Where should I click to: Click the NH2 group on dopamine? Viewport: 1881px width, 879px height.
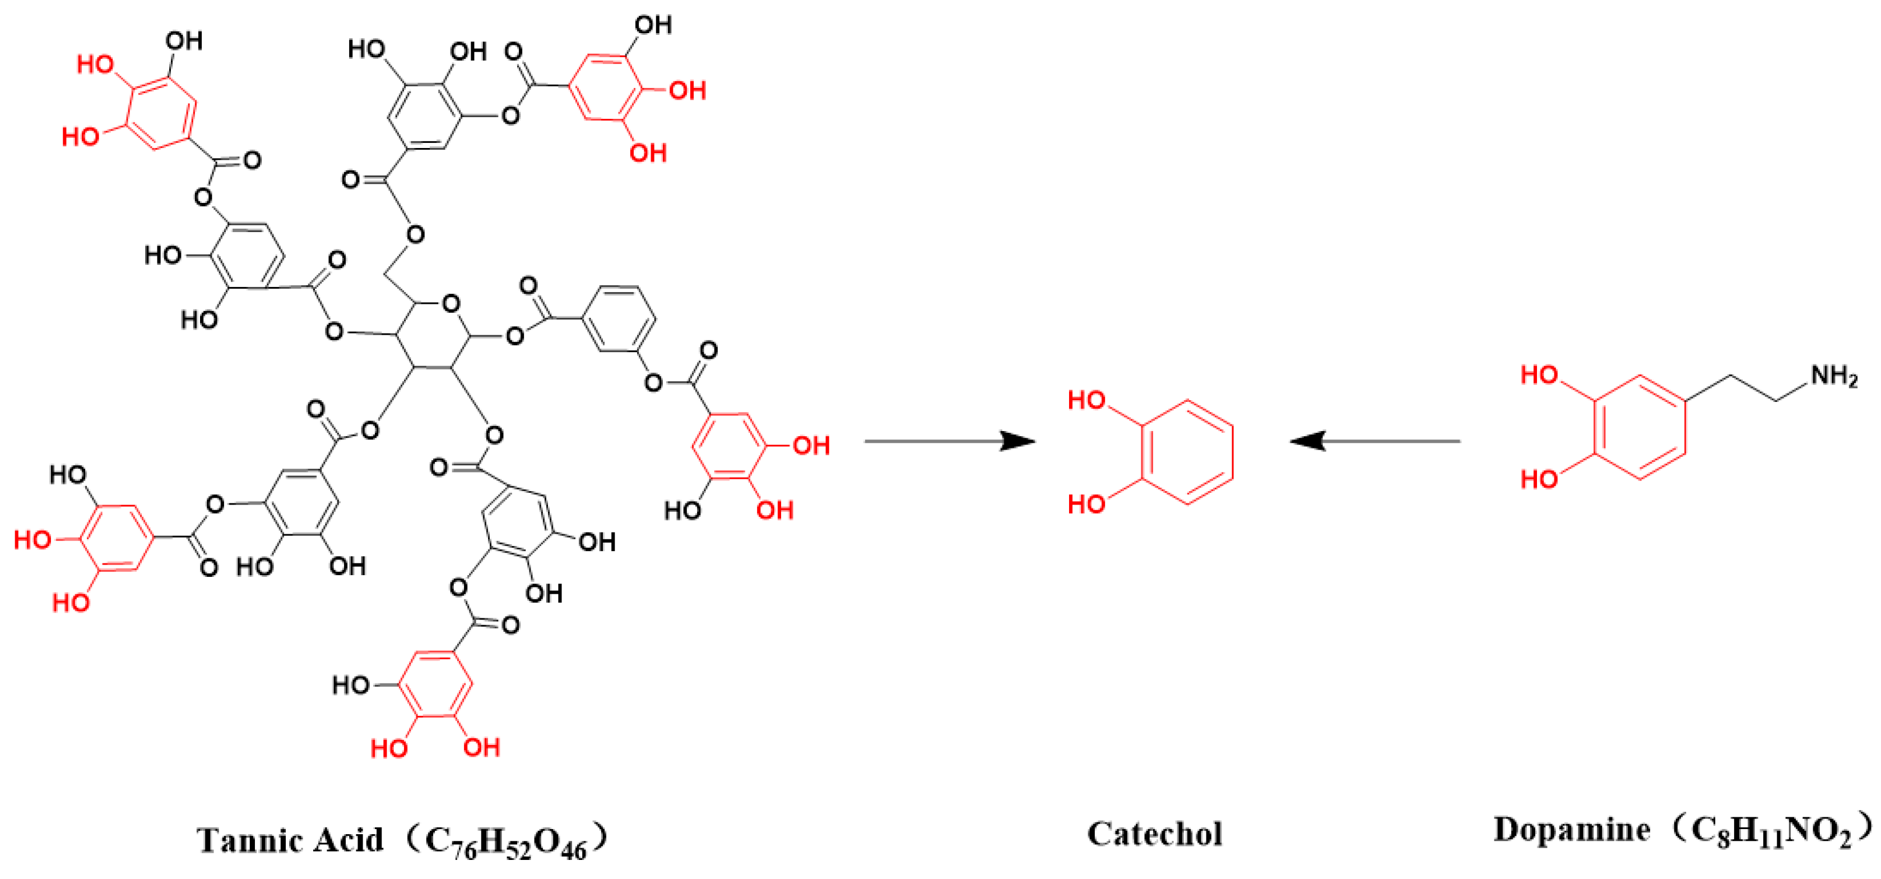click(1833, 376)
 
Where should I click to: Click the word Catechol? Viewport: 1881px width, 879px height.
click(1154, 834)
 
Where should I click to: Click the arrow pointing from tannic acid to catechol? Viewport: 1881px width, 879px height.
click(949, 441)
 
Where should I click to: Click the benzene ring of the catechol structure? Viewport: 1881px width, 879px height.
click(1187, 452)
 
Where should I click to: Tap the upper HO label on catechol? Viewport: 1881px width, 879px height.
click(1086, 400)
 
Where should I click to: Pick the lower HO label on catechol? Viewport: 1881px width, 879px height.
click(1086, 504)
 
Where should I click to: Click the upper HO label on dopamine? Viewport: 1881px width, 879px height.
click(1539, 376)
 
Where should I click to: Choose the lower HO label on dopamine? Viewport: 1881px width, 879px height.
click(1539, 479)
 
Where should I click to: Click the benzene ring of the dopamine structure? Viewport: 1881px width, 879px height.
click(1640, 427)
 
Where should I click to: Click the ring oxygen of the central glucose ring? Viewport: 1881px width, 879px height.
click(451, 304)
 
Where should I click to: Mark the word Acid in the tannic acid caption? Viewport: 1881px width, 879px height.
click(347, 840)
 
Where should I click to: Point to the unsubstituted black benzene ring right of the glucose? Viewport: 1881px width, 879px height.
click(619, 320)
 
